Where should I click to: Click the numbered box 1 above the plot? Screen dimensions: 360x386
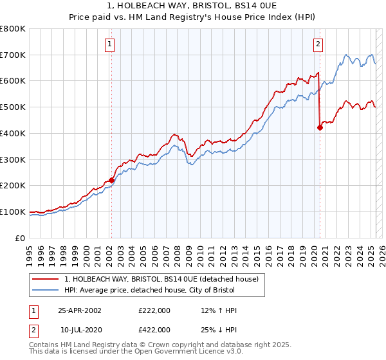111,44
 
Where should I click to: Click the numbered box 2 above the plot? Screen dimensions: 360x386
318,44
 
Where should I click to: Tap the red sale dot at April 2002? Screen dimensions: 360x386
111,180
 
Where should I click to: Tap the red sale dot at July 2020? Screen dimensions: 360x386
319,127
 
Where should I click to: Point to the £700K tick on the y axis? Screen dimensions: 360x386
14,55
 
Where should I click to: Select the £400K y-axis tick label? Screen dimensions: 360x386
14,134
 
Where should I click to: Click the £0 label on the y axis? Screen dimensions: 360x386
21,238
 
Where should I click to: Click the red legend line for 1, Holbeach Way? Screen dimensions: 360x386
44,279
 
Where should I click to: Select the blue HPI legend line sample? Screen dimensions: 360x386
44,291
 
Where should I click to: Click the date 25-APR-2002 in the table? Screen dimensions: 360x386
80,310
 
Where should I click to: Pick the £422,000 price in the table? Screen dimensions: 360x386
154,329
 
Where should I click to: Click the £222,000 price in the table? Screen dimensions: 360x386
154,310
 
